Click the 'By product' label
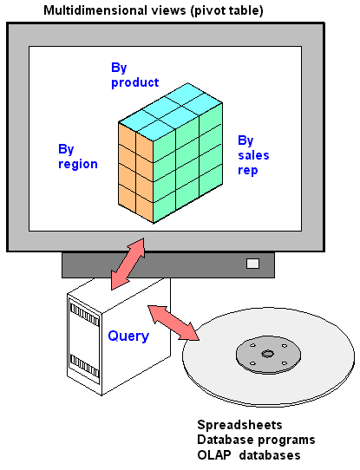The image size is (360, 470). tap(134, 75)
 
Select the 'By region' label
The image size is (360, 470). tap(78, 157)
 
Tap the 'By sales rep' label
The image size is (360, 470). tap(253, 155)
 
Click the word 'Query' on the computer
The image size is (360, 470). tap(128, 336)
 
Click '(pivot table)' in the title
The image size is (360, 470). tap(227, 10)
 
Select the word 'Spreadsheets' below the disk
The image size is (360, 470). tap(239, 425)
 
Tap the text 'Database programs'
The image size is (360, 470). tap(256, 440)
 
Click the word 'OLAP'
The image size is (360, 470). tap(214, 455)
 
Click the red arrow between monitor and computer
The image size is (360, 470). tap(128, 264)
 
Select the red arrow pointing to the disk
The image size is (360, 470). tap(173, 323)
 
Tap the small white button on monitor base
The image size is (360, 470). tap(252, 264)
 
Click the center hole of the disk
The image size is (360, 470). tap(268, 354)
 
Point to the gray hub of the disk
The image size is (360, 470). tap(268, 355)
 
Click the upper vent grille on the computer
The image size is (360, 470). tap(84, 314)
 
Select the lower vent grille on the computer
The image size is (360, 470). tap(84, 366)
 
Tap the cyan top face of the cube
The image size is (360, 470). tap(171, 112)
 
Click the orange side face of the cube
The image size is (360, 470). tap(136, 173)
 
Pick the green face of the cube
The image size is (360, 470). tap(188, 163)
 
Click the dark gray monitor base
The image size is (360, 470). tap(168, 265)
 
